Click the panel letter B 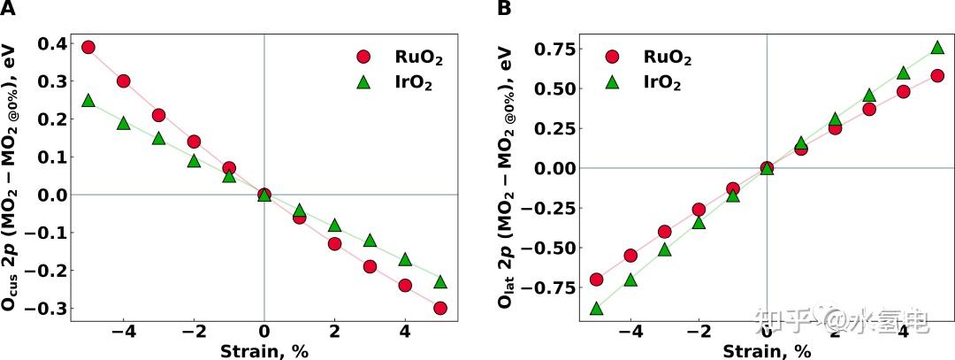point(504,9)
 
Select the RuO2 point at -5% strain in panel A point(88,47)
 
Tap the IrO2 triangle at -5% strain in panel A point(88,100)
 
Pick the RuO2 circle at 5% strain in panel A point(439,308)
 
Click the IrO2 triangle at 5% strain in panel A point(439,281)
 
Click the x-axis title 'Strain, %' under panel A point(264,350)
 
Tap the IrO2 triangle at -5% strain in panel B point(596,308)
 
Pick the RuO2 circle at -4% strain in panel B point(630,256)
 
